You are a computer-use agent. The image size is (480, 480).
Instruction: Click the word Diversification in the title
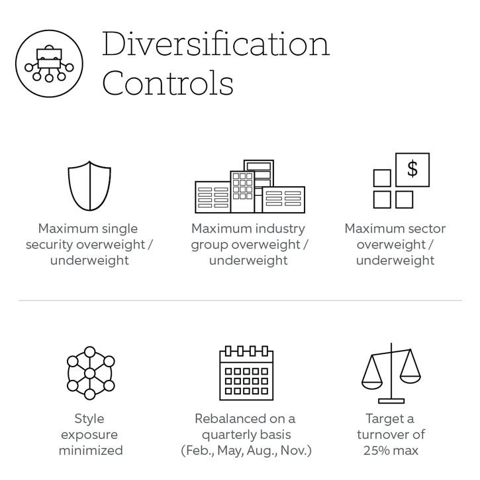click(216, 44)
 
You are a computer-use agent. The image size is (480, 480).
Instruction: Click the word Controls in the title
click(168, 83)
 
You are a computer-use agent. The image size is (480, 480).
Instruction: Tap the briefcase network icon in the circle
click(49, 64)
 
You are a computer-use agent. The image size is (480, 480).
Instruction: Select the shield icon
click(89, 186)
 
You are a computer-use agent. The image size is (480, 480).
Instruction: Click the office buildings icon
click(250, 186)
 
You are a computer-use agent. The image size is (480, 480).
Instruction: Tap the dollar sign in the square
click(412, 169)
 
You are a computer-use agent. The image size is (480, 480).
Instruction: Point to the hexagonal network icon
click(89, 373)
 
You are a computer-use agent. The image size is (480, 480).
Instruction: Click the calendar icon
click(246, 373)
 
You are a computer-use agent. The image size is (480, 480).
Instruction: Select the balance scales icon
click(391, 373)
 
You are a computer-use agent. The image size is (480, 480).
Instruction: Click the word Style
click(89, 419)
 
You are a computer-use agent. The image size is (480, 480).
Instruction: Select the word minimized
click(91, 451)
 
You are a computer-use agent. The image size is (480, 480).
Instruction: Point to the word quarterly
click(231, 436)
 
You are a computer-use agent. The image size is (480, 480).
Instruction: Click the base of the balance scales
click(391, 401)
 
